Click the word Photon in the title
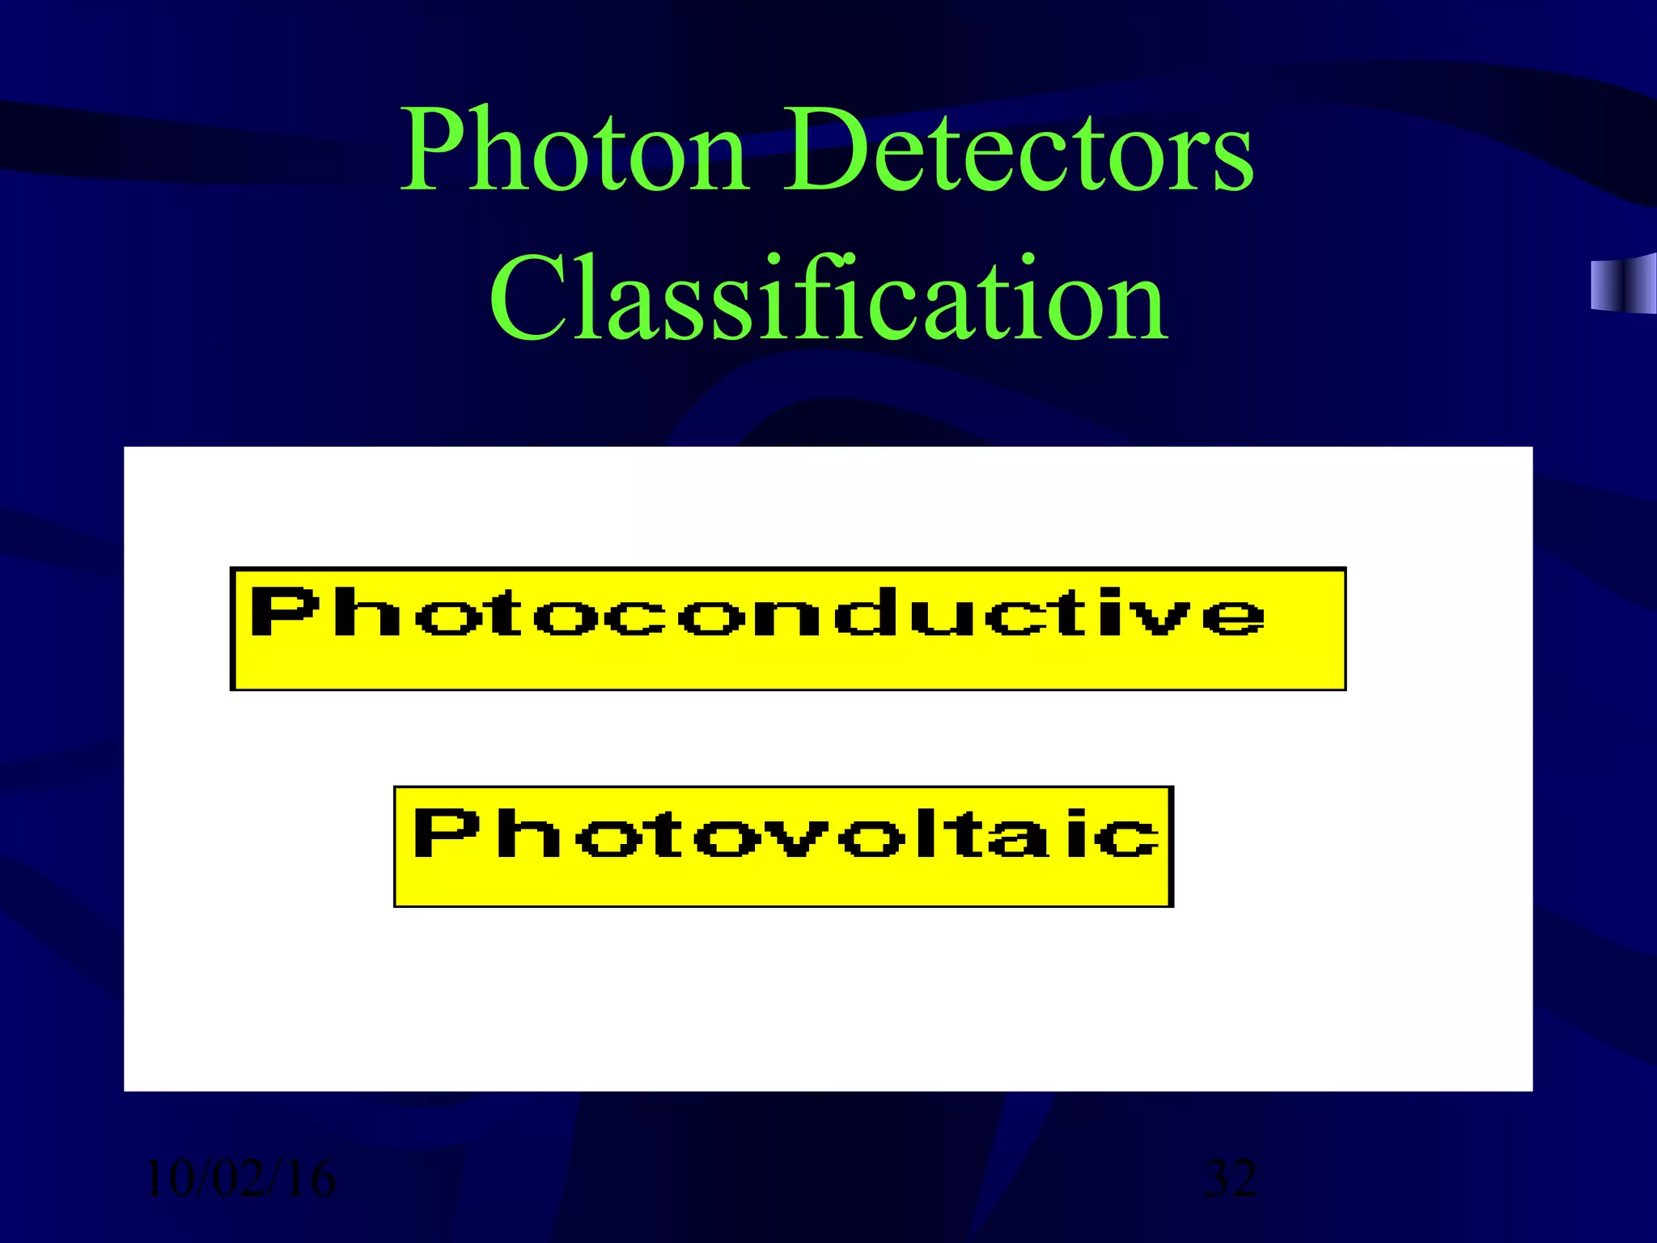(574, 150)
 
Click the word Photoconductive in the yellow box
(757, 613)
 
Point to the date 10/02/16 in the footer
(239, 1178)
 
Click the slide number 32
(1231, 1178)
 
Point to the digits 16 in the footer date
(310, 1178)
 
